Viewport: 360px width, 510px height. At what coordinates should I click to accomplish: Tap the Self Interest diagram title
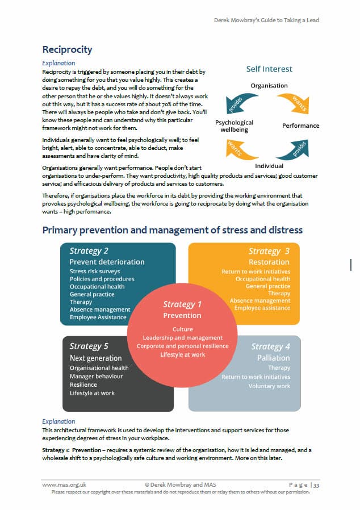click(269, 69)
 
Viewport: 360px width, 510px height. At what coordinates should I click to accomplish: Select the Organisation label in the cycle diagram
click(269, 86)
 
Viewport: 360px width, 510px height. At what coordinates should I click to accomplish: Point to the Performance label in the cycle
click(300, 126)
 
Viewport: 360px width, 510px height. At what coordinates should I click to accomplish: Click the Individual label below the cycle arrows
click(269, 166)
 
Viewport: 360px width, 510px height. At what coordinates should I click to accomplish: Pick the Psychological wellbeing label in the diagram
click(234, 126)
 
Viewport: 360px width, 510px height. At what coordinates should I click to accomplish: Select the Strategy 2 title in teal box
click(89, 250)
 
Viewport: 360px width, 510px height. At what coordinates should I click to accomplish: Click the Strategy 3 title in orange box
click(269, 250)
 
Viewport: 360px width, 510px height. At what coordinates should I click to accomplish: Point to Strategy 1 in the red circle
click(182, 304)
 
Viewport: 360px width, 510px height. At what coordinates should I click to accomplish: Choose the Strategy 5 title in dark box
click(89, 346)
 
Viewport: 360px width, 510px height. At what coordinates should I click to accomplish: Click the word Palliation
click(274, 358)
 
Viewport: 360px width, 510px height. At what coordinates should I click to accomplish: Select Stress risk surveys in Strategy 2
click(94, 271)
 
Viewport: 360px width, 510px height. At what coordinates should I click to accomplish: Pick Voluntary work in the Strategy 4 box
click(269, 386)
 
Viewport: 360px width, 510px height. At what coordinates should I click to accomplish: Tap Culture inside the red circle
click(182, 329)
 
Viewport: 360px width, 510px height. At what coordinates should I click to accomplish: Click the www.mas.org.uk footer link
click(64, 484)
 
